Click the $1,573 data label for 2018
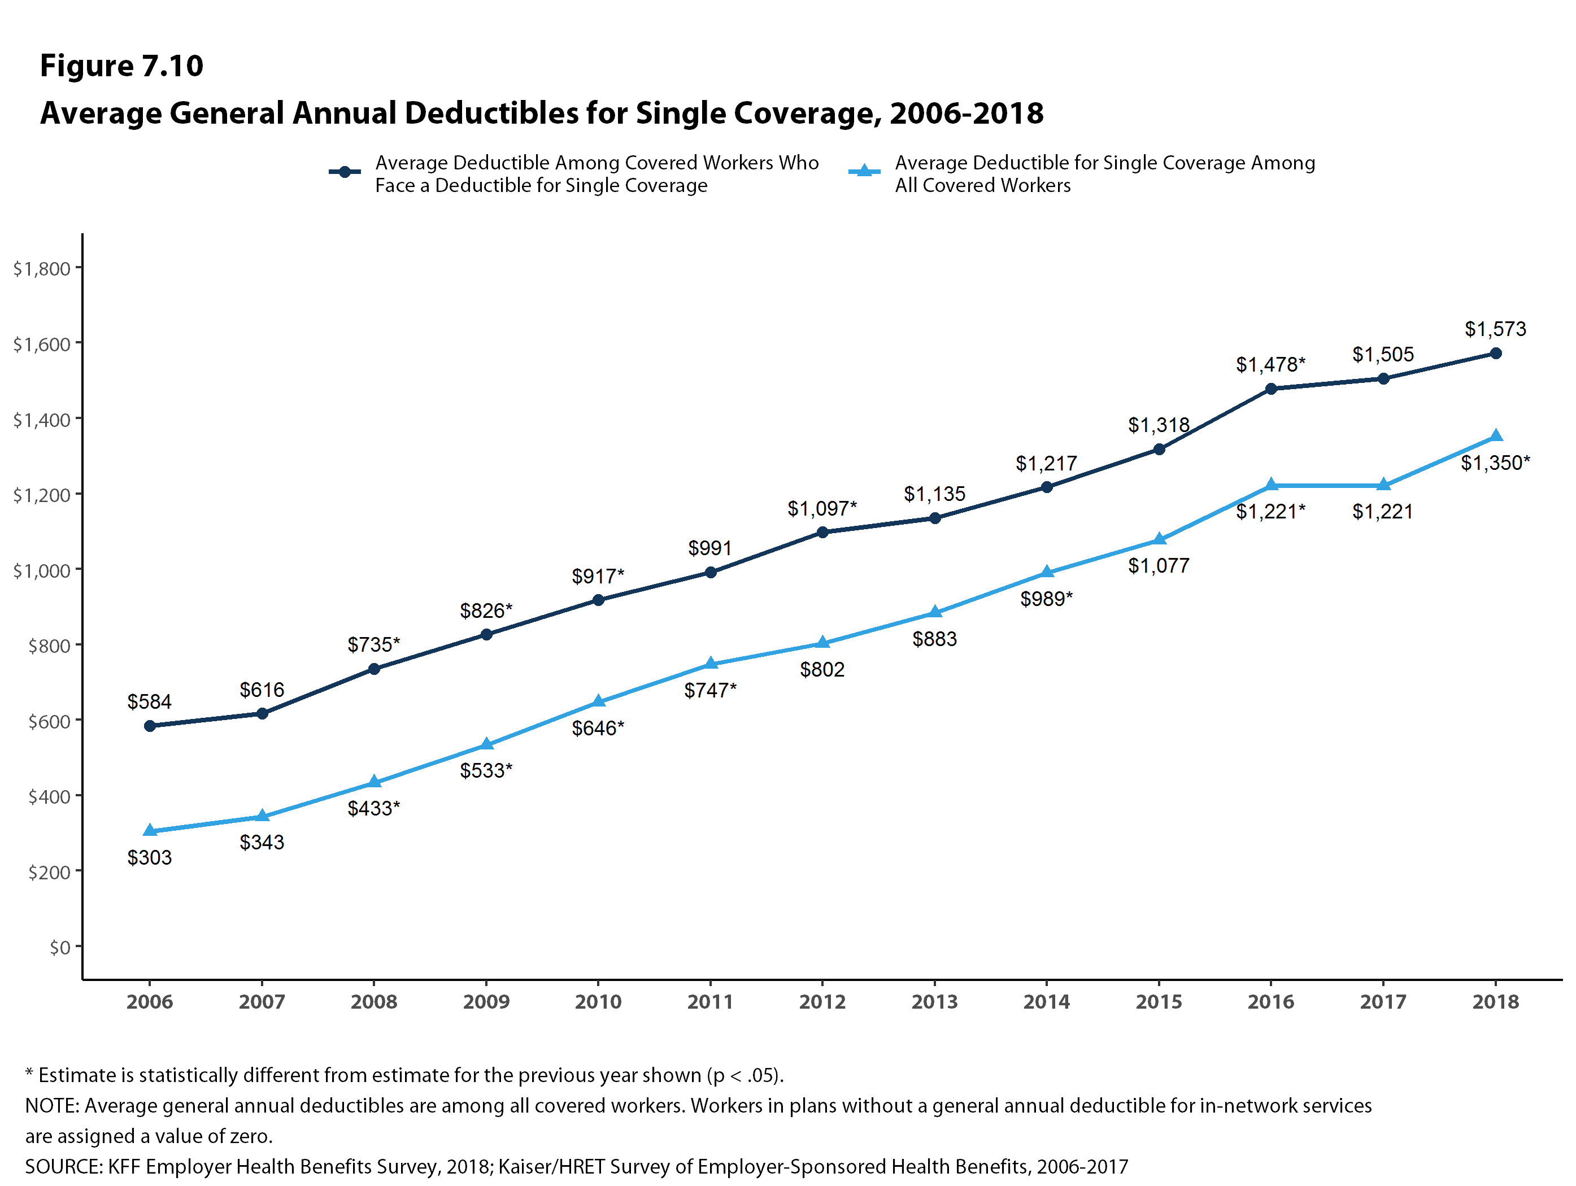(x=1495, y=329)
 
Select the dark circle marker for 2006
(x=150, y=726)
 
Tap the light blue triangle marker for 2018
(x=1495, y=436)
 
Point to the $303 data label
(x=150, y=857)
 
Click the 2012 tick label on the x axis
(x=822, y=1001)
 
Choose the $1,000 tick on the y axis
(x=41, y=570)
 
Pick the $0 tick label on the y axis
(x=60, y=947)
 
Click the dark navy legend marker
(x=345, y=172)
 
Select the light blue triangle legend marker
(x=864, y=171)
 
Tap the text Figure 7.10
(x=121, y=66)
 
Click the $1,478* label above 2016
(x=1270, y=365)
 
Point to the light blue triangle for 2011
(x=711, y=664)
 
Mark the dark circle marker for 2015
(x=1159, y=450)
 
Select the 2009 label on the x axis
(x=486, y=1001)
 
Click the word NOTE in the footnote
(x=52, y=1105)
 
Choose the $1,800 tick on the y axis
(x=41, y=268)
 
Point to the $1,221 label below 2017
(x=1382, y=512)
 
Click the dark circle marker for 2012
(x=822, y=532)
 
